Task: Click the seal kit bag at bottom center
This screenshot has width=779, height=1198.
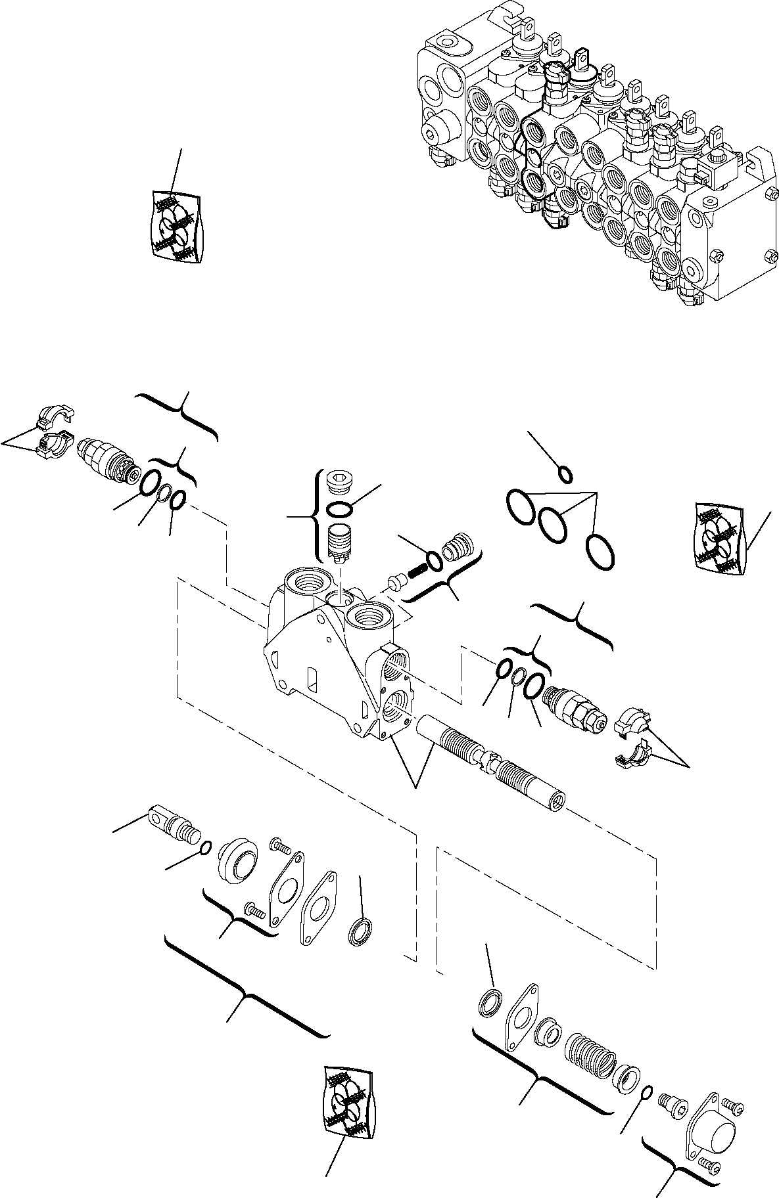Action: [348, 1096]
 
